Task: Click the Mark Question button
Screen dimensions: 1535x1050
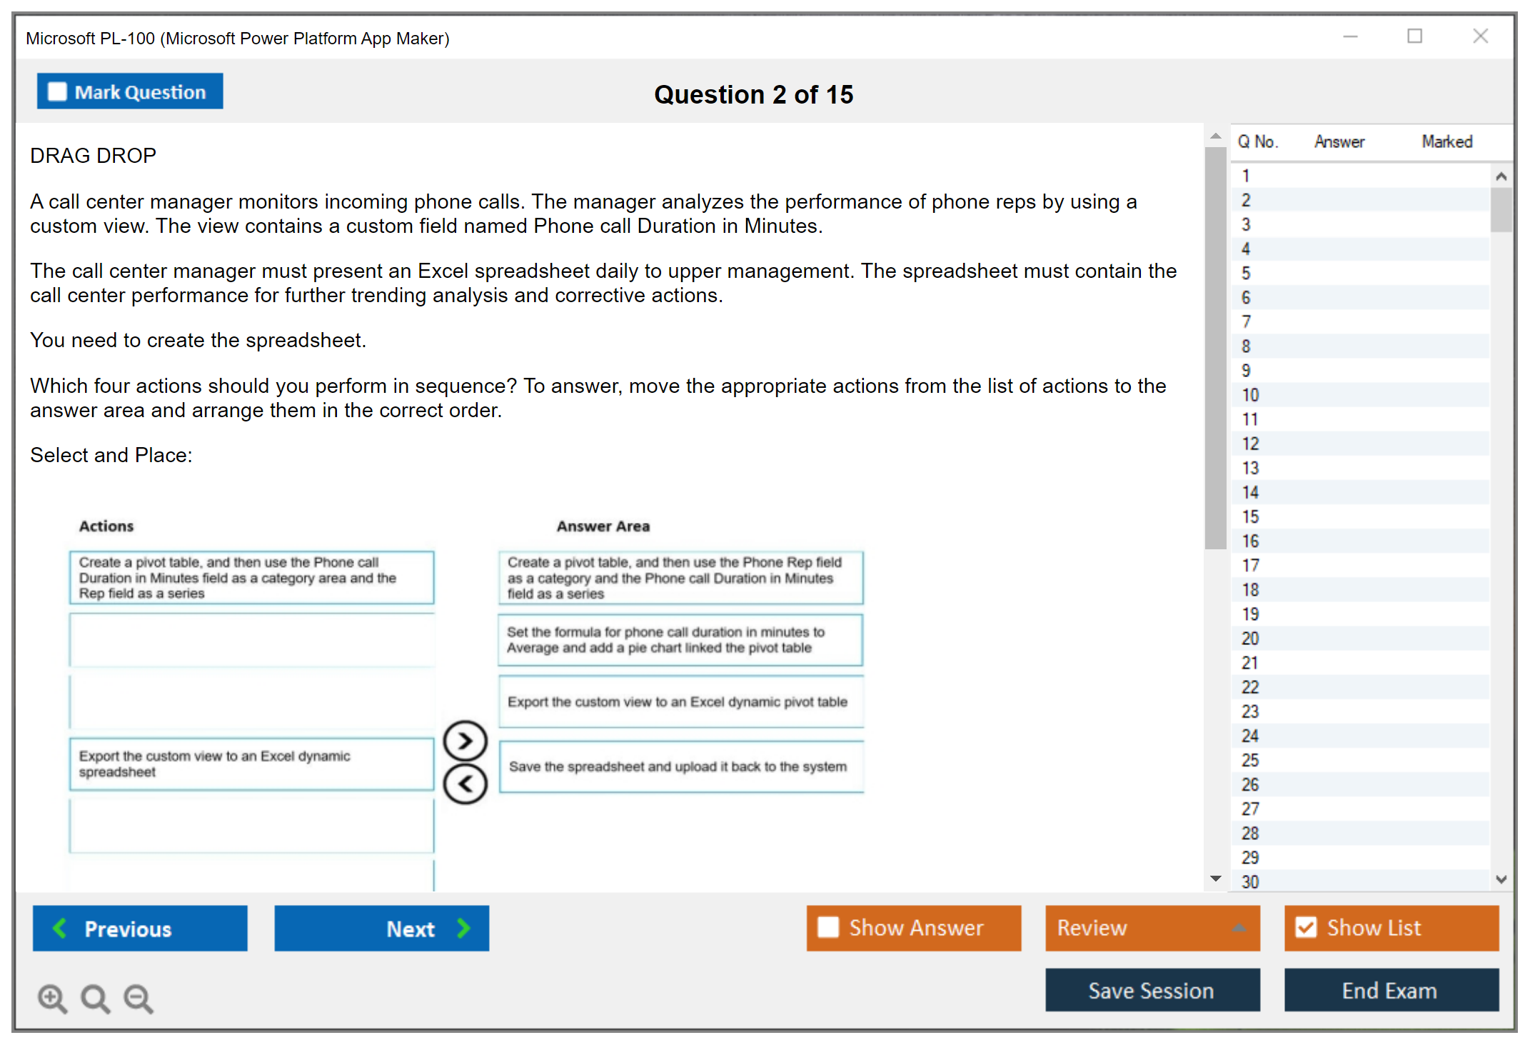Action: pos(130,91)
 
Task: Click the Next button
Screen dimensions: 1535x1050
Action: pos(382,928)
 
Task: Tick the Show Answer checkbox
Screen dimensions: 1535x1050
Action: pos(828,927)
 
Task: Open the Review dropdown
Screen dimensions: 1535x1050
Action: pos(1152,928)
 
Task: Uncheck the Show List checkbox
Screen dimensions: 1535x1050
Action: pos(1306,927)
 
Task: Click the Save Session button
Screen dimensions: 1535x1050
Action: pos(1152,990)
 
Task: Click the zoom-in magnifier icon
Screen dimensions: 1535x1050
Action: pos(52,998)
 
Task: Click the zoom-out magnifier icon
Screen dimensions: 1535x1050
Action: pos(139,998)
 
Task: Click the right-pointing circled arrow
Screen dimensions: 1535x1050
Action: pos(465,741)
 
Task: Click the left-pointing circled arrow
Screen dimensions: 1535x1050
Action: pos(465,784)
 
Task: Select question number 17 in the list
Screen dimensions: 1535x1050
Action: pos(1250,566)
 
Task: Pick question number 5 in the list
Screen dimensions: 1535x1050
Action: pos(1246,274)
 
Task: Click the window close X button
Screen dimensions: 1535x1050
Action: pos(1481,36)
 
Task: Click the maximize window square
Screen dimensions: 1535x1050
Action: pos(1415,36)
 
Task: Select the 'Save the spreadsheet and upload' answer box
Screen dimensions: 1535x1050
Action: pos(681,766)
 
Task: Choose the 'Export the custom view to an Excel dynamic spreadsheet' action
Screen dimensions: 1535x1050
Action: pos(251,764)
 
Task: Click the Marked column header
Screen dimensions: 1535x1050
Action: pos(1447,141)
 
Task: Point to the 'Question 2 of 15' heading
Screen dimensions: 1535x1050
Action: pos(754,94)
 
